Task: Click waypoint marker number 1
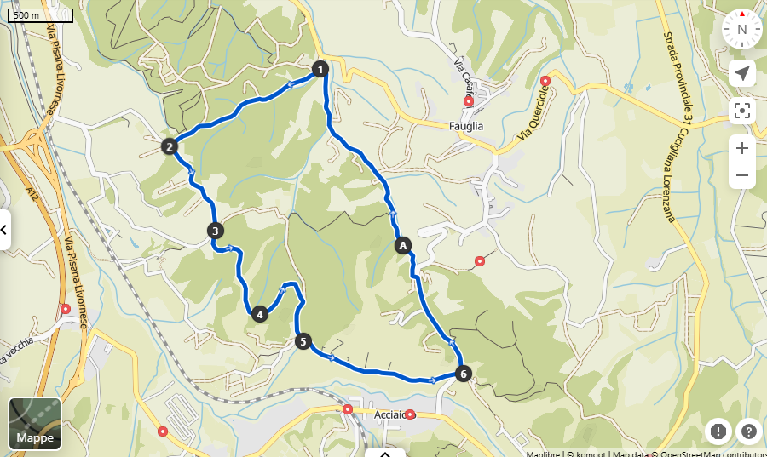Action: [x=320, y=69]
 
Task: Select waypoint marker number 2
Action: [x=170, y=146]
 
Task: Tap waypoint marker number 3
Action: [x=216, y=230]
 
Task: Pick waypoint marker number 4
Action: [x=259, y=314]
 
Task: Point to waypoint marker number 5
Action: [x=303, y=341]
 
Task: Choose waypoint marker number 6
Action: [x=463, y=373]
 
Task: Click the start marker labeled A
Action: [x=402, y=245]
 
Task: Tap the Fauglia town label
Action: [x=465, y=126]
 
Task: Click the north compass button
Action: [x=742, y=29]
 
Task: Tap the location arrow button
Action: [x=742, y=73]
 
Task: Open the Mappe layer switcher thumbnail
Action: [x=35, y=423]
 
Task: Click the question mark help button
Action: [x=749, y=431]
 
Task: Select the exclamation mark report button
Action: [x=718, y=431]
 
